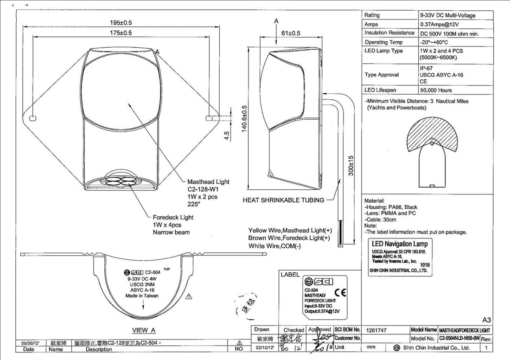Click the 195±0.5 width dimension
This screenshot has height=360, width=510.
(x=120, y=23)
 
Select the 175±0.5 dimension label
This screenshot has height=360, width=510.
(x=120, y=33)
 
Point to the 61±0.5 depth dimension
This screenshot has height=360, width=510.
(x=291, y=33)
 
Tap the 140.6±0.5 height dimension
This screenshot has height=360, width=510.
(x=243, y=118)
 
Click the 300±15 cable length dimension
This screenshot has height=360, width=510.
(x=352, y=165)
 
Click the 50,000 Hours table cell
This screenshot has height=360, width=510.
(x=435, y=90)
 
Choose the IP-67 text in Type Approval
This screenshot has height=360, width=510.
(x=427, y=68)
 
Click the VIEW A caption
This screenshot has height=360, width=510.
(x=144, y=330)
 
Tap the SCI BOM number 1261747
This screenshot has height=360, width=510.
(x=376, y=330)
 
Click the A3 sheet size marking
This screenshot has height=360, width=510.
(x=486, y=320)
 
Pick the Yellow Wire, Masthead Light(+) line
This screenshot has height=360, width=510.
(x=290, y=230)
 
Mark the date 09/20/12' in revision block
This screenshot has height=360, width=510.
(x=30, y=343)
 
